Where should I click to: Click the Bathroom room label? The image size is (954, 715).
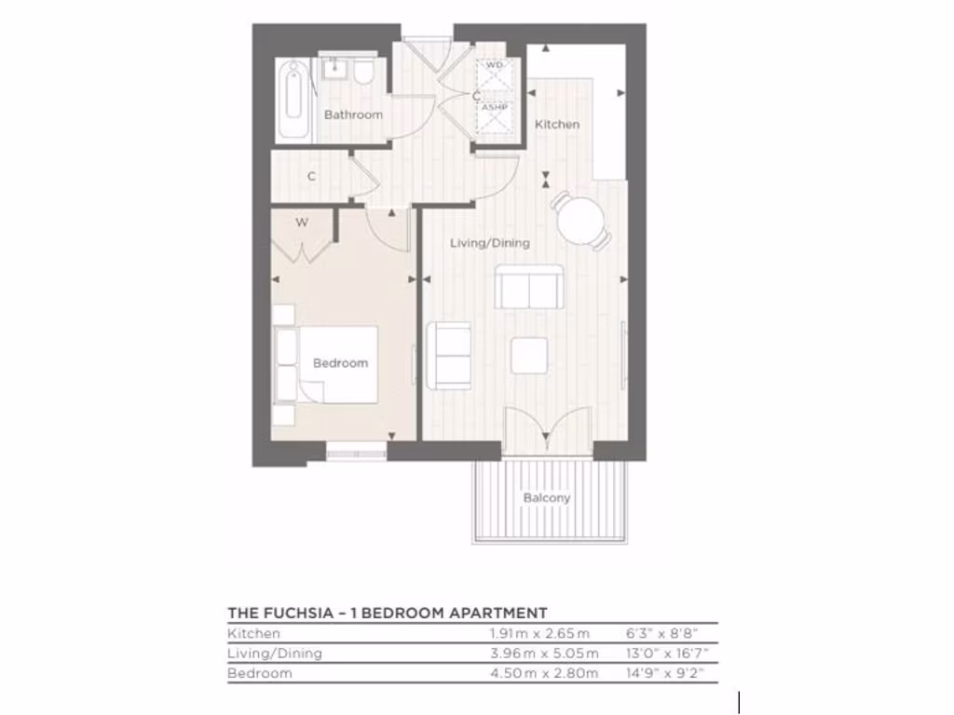(x=353, y=115)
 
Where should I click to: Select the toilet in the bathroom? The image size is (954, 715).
(x=364, y=73)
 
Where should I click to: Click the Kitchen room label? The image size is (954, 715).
(x=557, y=124)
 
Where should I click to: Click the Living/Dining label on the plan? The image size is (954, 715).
(x=490, y=243)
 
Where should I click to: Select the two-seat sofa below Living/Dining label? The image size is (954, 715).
(x=528, y=288)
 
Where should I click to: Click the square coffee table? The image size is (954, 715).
(x=529, y=355)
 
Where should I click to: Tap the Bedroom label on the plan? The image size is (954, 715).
(x=340, y=363)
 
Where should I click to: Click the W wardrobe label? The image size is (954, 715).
(x=302, y=223)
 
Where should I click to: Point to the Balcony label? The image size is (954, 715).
(x=547, y=498)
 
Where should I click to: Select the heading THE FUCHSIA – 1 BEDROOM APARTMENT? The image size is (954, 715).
(x=387, y=613)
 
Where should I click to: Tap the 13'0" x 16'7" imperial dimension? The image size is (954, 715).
(x=662, y=653)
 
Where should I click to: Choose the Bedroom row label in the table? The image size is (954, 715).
(x=260, y=673)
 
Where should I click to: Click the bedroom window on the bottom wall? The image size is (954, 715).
(x=356, y=453)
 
